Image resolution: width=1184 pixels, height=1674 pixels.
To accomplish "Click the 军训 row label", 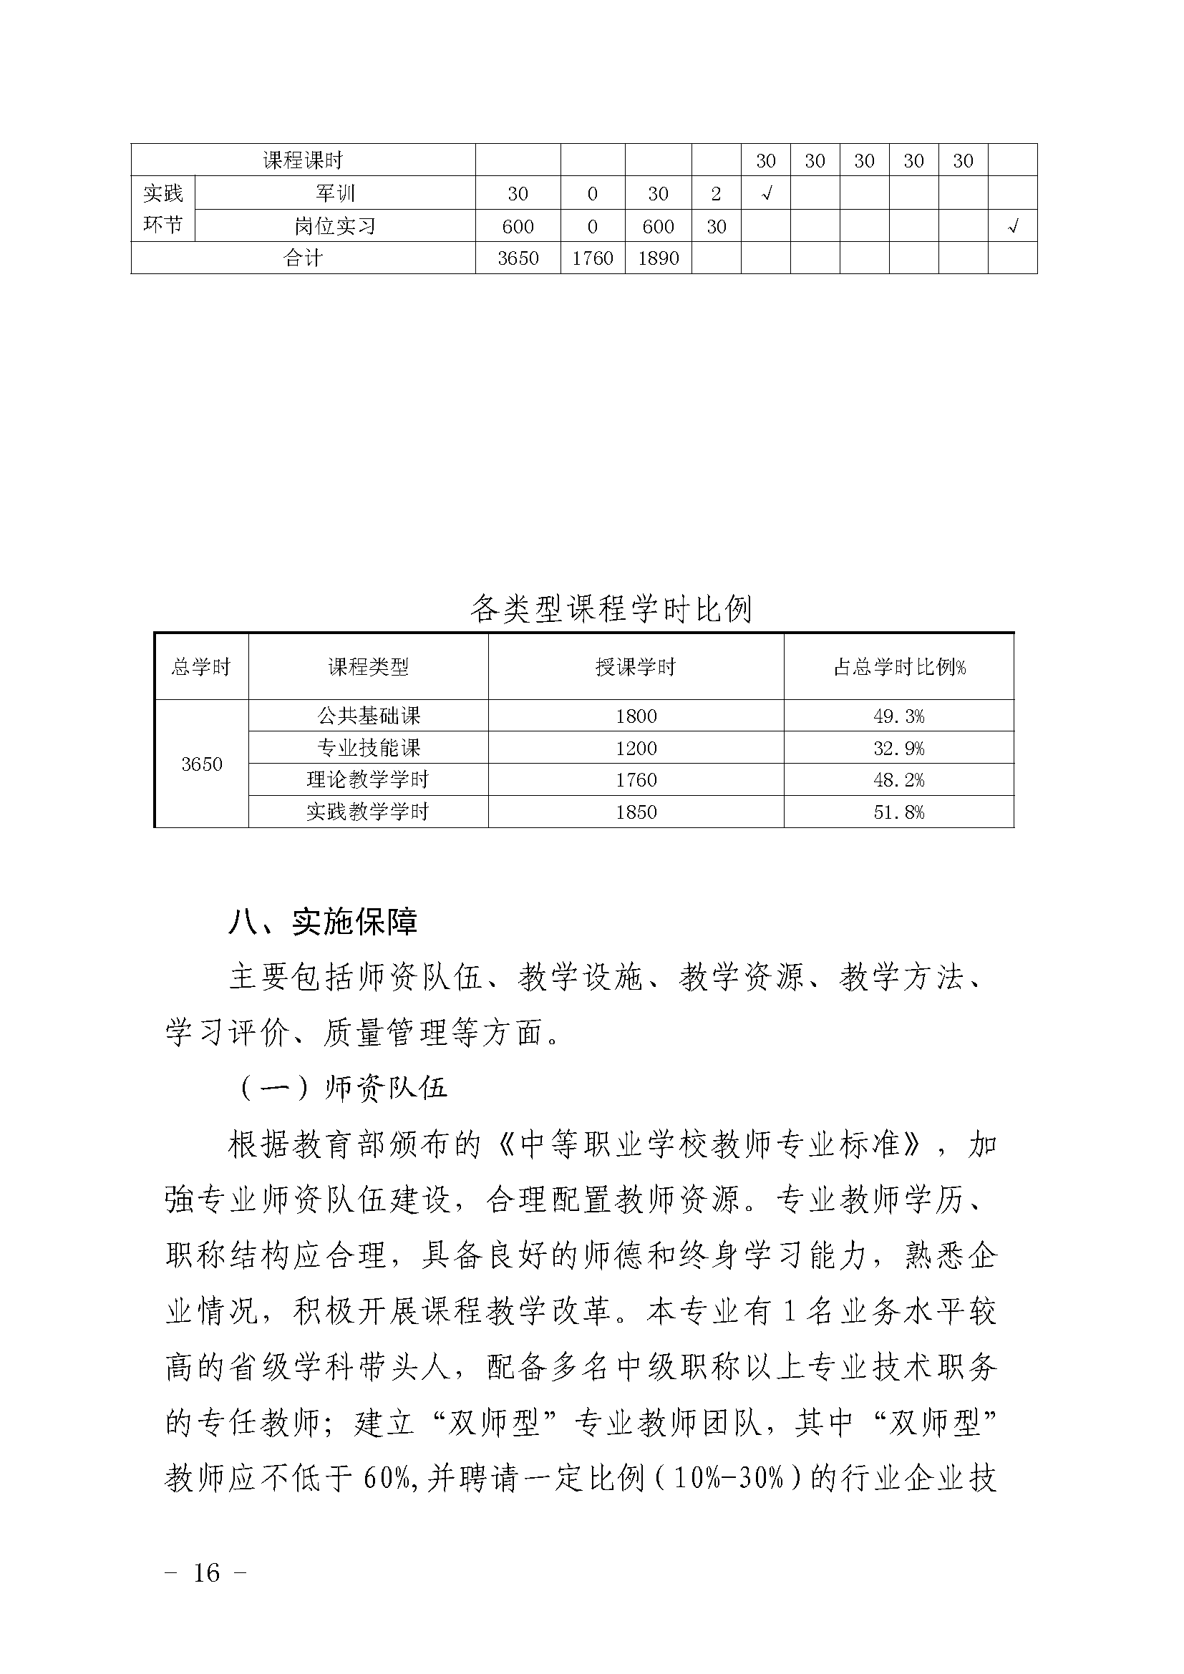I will coord(334,193).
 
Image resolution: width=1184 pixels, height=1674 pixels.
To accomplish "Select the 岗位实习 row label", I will coord(334,226).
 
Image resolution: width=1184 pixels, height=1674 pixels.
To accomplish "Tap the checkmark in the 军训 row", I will coord(765,193).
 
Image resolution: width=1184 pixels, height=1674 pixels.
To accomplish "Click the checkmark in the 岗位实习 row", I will coord(1012,227).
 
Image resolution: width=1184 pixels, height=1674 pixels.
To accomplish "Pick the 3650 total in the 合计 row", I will coord(518,258).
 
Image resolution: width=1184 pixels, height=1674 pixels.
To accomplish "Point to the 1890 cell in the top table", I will coord(658,258).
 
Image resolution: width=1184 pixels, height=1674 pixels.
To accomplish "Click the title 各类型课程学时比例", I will coord(610,608).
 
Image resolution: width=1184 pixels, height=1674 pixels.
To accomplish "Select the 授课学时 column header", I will coord(636,667).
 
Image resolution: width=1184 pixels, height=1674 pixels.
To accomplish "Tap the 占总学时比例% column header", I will coord(899,667).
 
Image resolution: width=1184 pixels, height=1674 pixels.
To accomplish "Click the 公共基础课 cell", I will coord(368,716).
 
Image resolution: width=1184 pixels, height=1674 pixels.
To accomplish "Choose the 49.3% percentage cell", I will coord(899,716).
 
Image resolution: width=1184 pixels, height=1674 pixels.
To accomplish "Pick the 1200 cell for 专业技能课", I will coord(636,748).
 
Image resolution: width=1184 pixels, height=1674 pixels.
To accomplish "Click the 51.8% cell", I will coord(899,812).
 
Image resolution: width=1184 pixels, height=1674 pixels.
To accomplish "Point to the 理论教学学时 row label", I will coord(368,780).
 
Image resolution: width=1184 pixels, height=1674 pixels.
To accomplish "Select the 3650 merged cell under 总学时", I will coord(201,764).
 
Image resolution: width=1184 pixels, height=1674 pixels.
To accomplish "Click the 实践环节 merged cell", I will coord(163,208).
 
